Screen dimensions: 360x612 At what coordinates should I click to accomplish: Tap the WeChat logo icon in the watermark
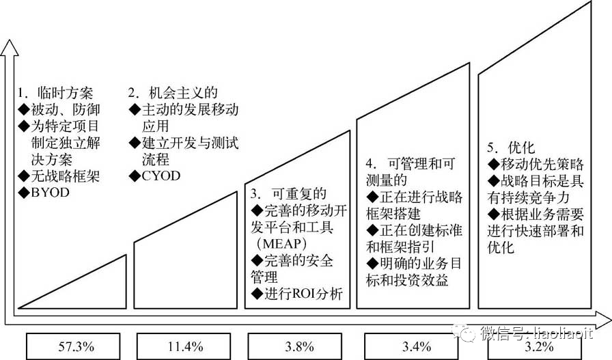coord(469,334)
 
